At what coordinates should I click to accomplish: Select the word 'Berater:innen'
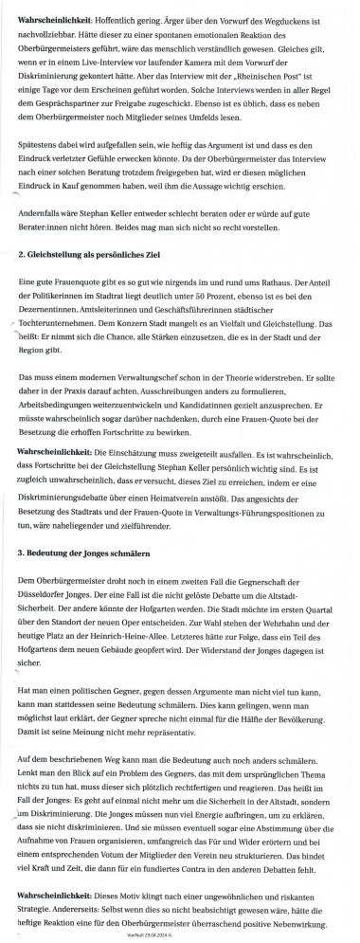45,227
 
